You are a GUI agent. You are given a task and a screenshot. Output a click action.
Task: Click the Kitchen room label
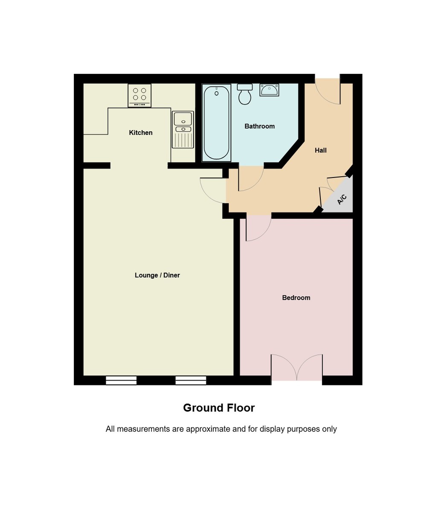coord(140,133)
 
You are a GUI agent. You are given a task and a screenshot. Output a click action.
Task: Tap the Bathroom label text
coord(259,126)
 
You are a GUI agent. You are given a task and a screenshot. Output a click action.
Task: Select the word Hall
coord(320,150)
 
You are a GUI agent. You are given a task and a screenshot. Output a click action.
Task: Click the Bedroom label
coord(296,298)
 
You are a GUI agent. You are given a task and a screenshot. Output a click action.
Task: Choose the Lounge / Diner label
coord(157,275)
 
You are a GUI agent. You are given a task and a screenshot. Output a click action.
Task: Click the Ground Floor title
coord(218,408)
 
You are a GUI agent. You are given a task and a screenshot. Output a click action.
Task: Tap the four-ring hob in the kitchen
coord(140,95)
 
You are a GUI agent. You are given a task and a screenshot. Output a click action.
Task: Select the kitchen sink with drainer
coord(183,129)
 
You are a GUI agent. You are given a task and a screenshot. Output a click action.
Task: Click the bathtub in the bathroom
coord(216,122)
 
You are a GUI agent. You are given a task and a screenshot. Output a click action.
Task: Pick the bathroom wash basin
coord(269,90)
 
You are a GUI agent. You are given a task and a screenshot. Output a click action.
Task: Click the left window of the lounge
coord(121,380)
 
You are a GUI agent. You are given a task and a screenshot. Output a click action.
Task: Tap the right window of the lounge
coord(191,380)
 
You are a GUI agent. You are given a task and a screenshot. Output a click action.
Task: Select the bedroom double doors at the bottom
coord(296,368)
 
